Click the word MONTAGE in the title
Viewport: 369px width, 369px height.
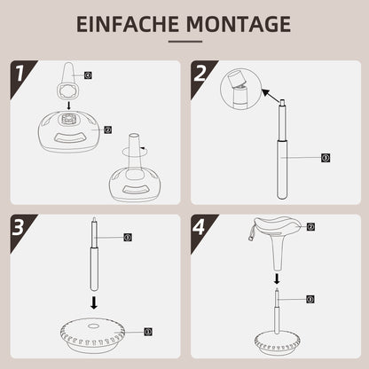point(237,24)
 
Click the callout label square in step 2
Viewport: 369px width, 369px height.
point(326,158)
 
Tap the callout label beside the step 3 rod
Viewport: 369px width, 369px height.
point(128,238)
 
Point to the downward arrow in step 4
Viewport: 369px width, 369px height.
point(279,276)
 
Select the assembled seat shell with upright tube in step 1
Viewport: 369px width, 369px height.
point(128,173)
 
